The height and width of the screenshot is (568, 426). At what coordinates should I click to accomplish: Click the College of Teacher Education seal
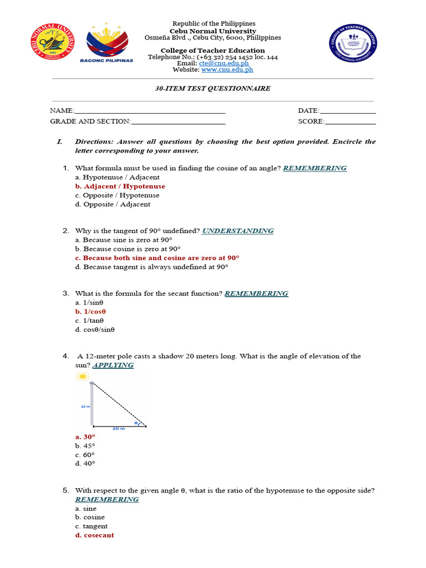point(352,43)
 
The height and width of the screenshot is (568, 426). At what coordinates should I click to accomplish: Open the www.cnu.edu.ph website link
point(227,70)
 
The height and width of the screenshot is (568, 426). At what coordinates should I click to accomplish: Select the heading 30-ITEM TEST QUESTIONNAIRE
point(213,88)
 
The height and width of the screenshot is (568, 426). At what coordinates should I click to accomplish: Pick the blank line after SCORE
point(350,122)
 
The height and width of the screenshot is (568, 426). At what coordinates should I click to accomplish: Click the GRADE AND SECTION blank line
point(178,122)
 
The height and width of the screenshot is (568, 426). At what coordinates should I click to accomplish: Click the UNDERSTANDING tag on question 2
point(237,231)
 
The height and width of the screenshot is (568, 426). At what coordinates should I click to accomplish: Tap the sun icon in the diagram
point(83,377)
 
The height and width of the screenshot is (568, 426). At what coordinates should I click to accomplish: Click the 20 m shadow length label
point(118,429)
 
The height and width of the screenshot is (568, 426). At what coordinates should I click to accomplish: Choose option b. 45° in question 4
point(85,445)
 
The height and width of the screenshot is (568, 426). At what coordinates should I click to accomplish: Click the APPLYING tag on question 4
point(113,365)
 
